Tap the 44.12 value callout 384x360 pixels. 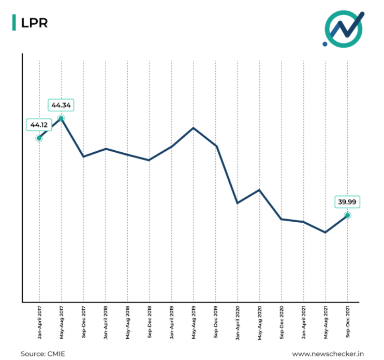click(39, 125)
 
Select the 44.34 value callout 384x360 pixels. click(61, 105)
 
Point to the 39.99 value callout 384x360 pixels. click(347, 202)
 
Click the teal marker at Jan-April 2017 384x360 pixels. click(39, 138)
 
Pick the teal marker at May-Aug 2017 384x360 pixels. click(62, 119)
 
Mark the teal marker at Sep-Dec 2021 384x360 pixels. click(347, 215)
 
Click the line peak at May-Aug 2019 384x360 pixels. click(194, 127)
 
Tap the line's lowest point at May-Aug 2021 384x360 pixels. click(326, 233)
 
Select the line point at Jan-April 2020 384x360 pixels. click(237, 203)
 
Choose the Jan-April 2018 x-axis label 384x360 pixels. click(106, 322)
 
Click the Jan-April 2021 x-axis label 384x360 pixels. click(303, 322)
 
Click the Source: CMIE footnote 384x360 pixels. click(43, 353)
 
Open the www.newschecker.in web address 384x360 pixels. click(329, 353)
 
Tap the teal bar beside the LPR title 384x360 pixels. click(14, 22)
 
